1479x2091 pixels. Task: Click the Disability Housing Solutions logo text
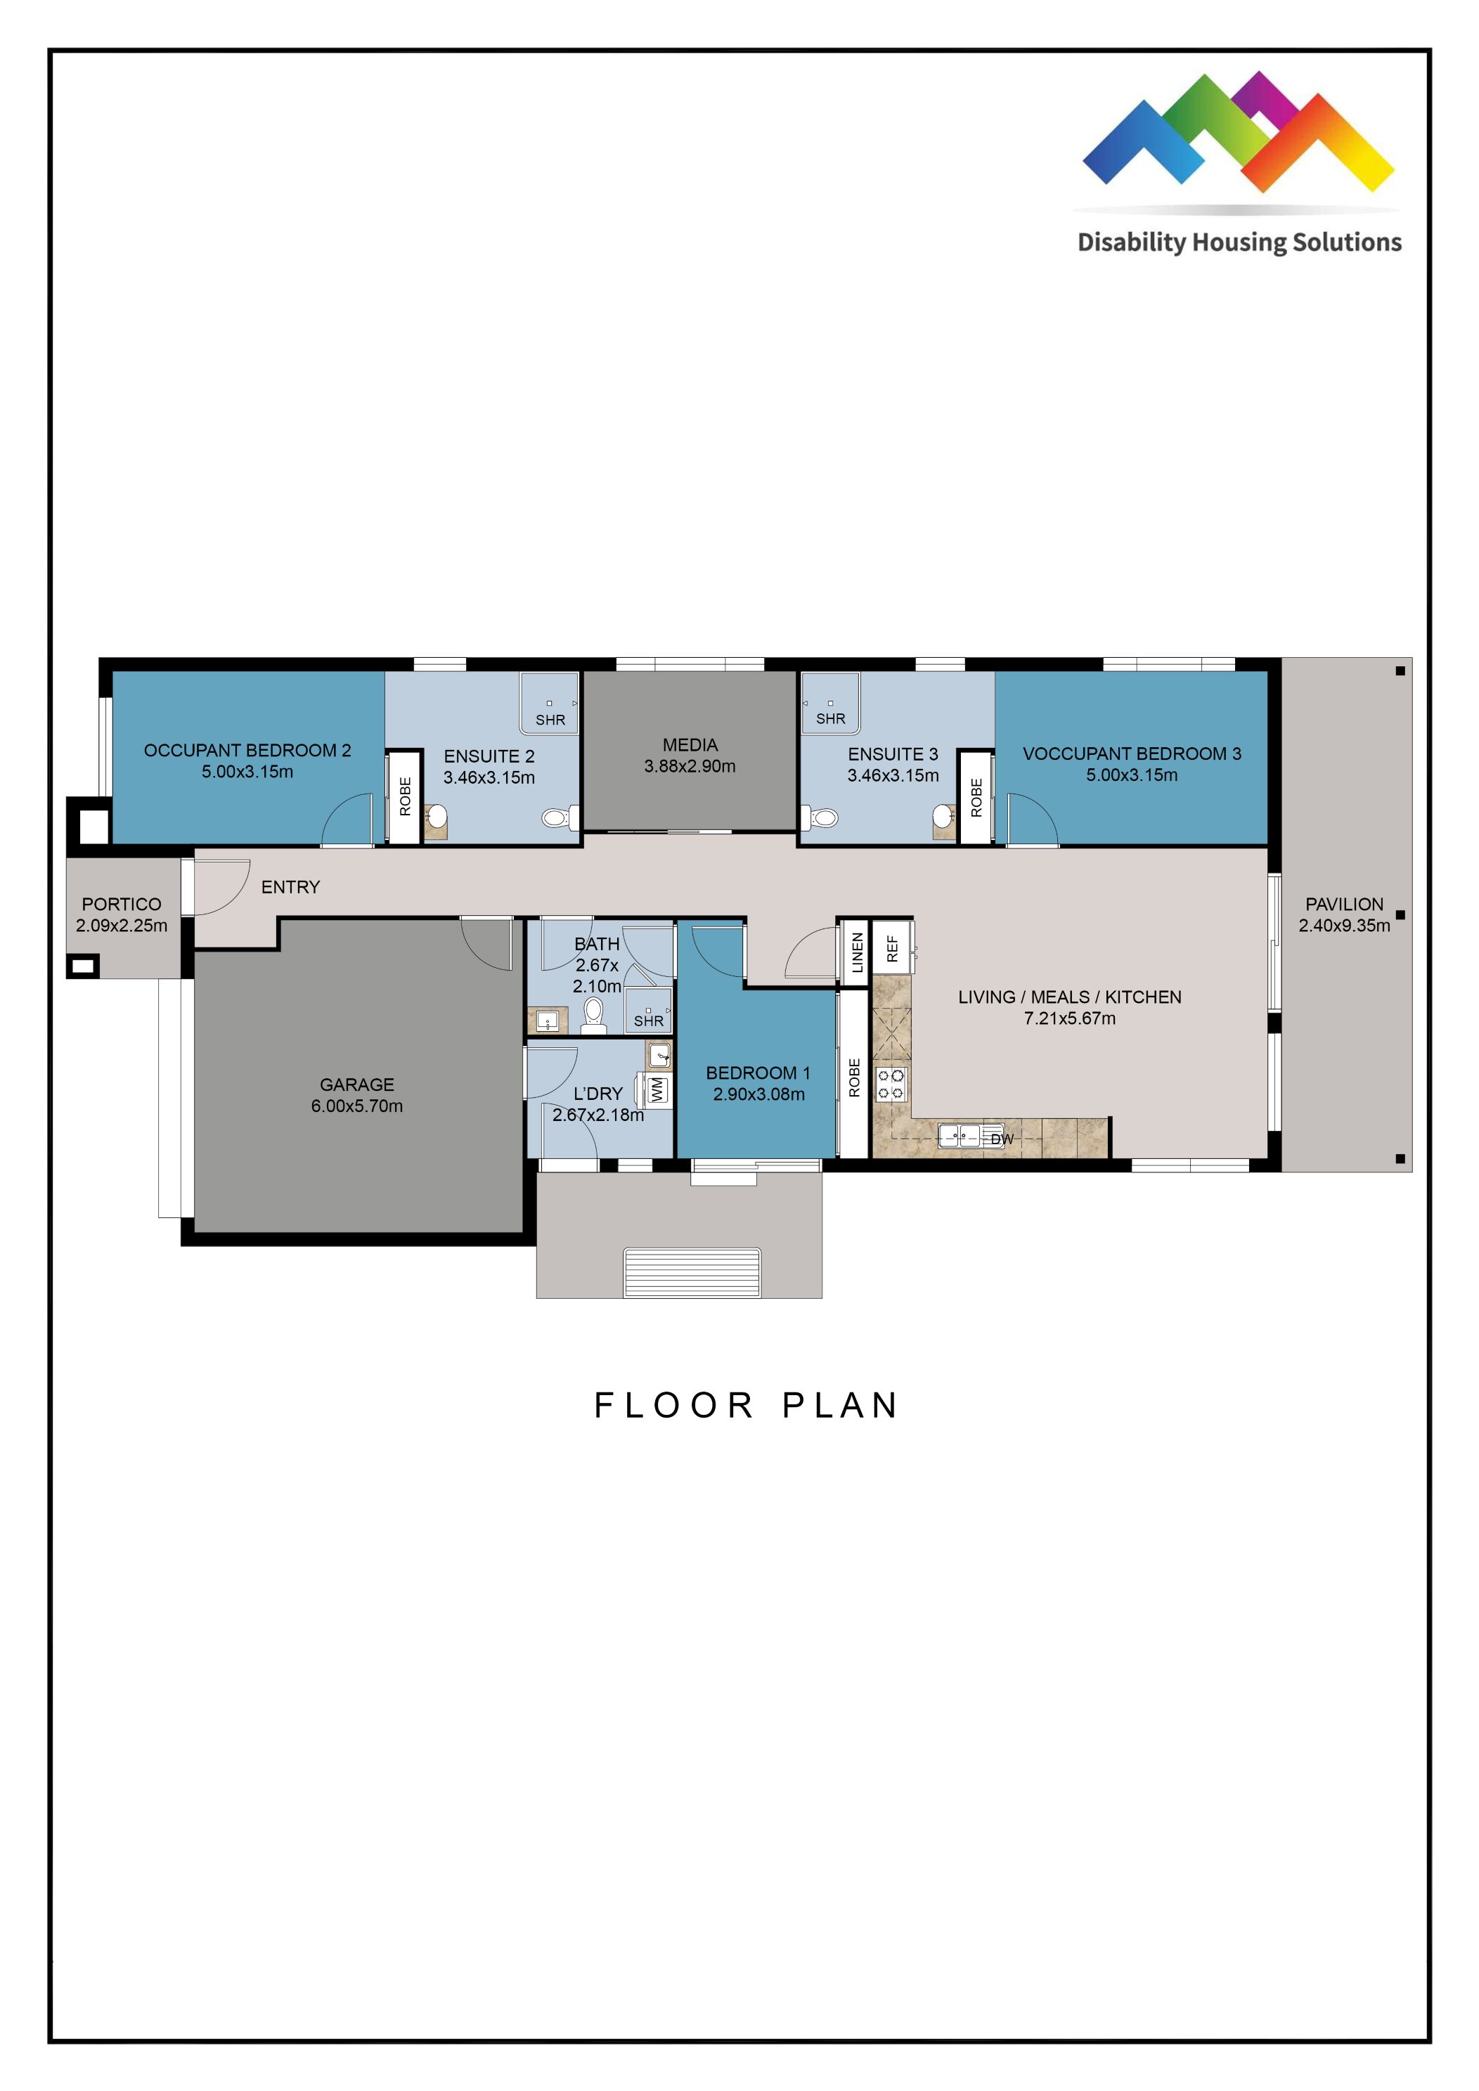pos(1239,242)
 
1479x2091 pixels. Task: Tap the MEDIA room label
pos(690,745)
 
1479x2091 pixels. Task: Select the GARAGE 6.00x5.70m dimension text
pos(356,1106)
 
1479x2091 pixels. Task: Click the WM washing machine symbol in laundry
pos(657,1090)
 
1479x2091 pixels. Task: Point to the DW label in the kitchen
pos(1001,1139)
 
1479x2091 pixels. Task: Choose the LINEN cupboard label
pos(856,952)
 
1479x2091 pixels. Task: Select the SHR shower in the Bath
pos(648,1013)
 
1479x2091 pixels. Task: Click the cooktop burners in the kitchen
pos(891,1084)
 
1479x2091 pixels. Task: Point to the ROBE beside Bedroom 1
pos(853,1077)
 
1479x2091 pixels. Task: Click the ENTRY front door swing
pos(219,887)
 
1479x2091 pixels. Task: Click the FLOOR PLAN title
pos(746,1405)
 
